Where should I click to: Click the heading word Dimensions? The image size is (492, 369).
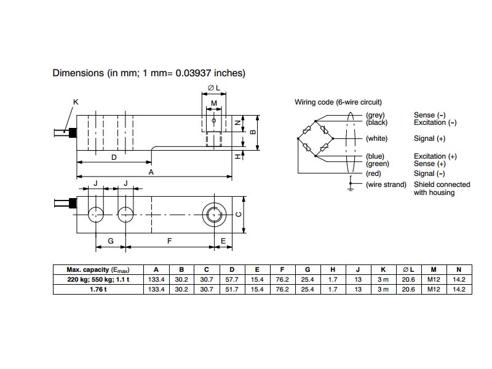pos(78,73)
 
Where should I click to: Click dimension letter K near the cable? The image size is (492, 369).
pos(76,101)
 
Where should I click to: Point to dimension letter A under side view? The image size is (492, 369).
pos(151,173)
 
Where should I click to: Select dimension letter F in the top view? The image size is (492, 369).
pos(169,242)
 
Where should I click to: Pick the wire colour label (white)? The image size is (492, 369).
pos(376,139)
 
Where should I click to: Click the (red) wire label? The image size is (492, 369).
pos(374,173)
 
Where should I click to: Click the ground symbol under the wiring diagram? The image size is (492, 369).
pos(351,187)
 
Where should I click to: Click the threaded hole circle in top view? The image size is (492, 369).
pos(213,214)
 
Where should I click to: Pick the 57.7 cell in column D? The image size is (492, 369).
pos(231,280)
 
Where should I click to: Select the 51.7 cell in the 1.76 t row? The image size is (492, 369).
pos(231,289)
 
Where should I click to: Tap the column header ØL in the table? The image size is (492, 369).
pos(408,269)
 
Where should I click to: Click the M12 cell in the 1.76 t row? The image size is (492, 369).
pos(434,289)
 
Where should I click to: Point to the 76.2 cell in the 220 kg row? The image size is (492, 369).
pos(282,280)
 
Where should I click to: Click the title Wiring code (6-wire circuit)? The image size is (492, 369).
pos(338,102)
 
